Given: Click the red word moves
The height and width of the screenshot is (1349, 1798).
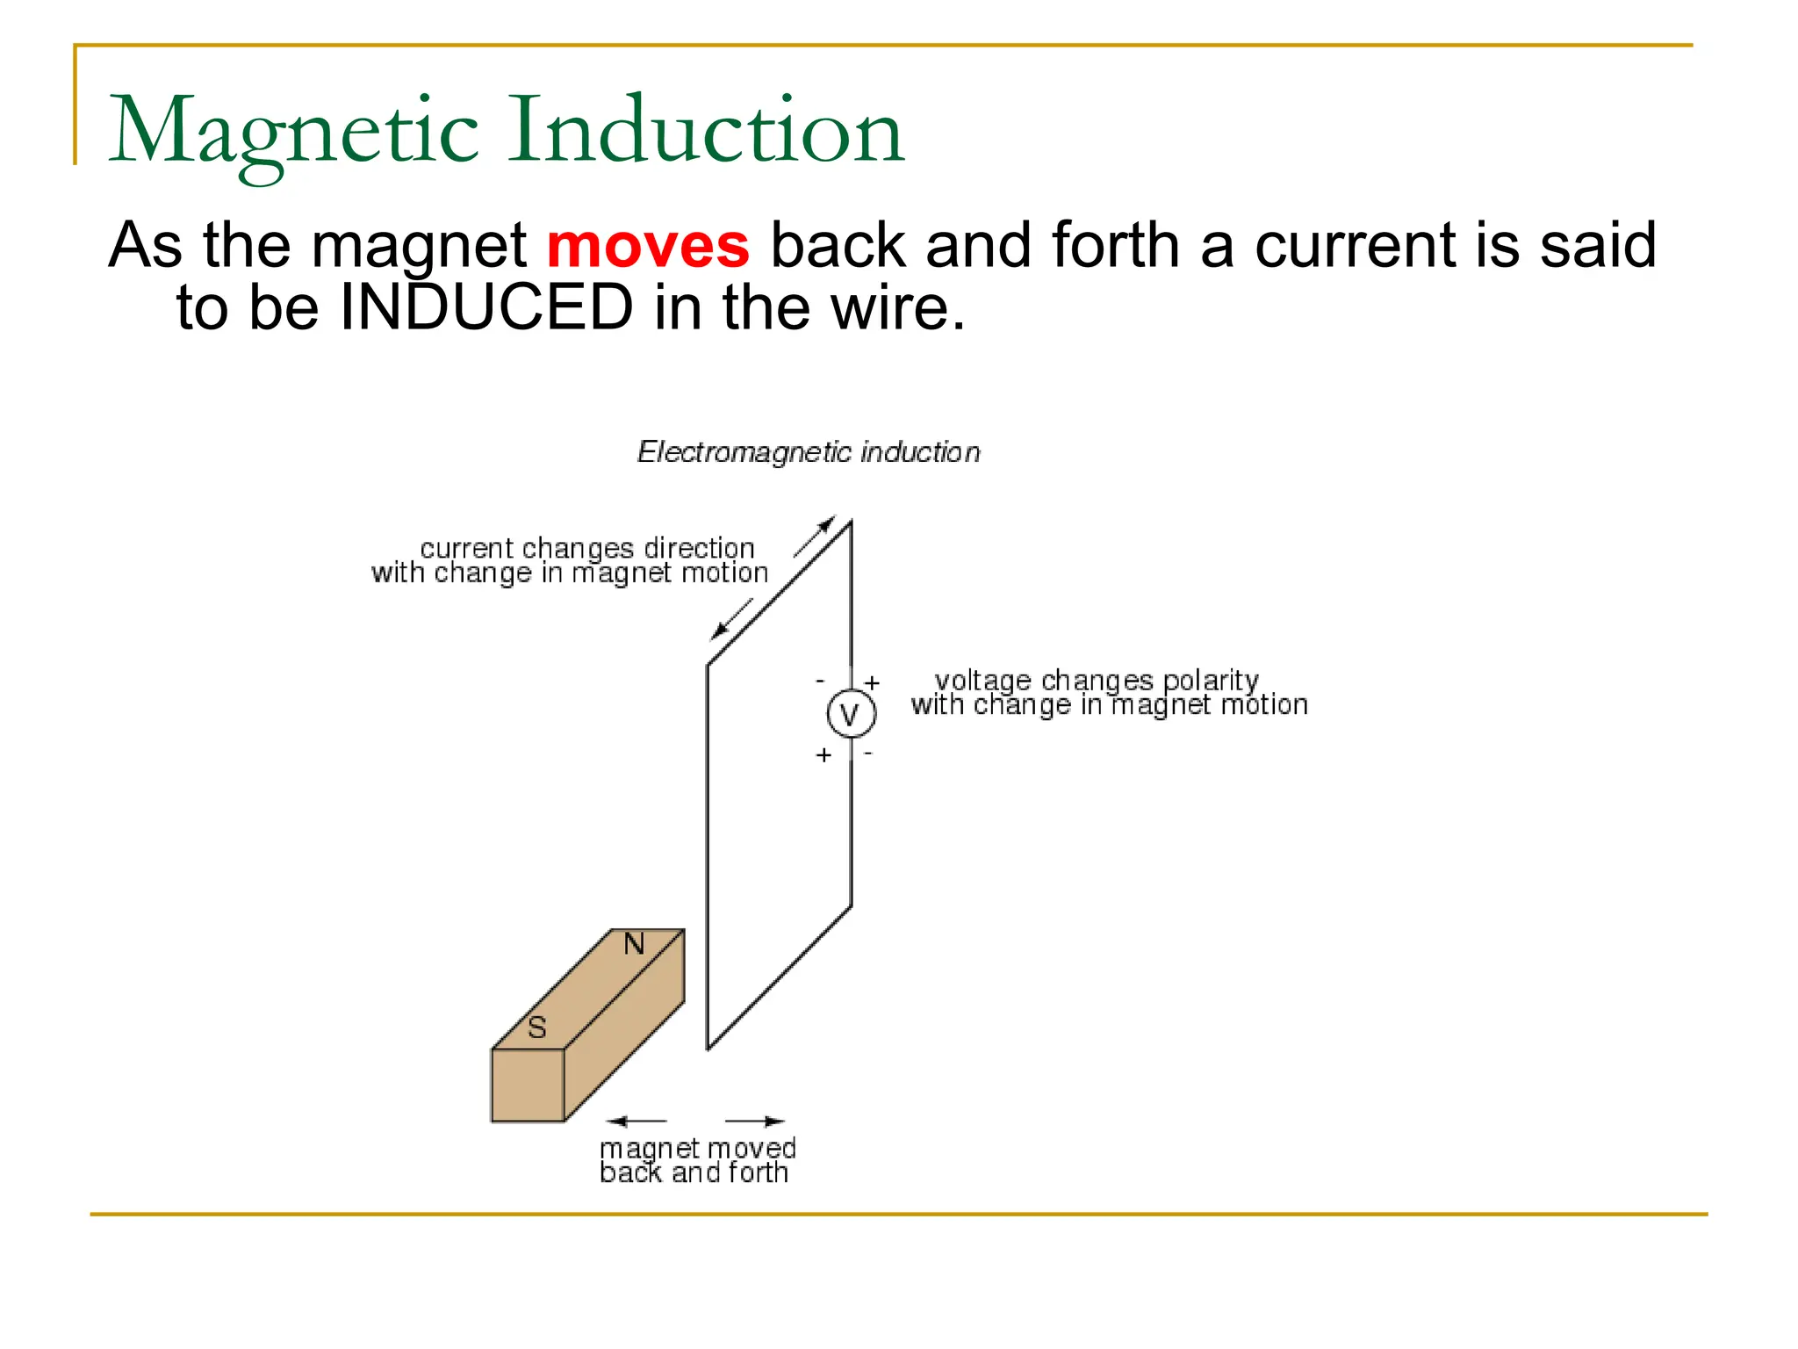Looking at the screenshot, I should point(648,247).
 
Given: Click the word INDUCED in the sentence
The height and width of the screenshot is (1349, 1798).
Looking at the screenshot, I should point(485,308).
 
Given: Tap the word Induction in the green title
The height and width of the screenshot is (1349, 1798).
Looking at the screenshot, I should point(706,132).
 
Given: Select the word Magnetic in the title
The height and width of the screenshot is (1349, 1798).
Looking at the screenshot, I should point(293,132).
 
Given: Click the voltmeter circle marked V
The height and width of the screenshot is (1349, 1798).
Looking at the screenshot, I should point(851,714).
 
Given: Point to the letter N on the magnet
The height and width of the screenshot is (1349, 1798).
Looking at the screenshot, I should point(634,945).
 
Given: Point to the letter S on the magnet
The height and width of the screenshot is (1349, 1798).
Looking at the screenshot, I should point(537,1027).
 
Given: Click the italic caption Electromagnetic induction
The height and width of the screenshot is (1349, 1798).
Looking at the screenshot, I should point(808,452).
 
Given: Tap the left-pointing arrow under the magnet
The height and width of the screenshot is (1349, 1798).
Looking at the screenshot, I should point(636,1121).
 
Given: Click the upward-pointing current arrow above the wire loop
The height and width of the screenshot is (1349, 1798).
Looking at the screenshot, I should point(814,537).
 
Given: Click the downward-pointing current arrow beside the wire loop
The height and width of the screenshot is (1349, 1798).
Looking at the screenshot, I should point(731,618).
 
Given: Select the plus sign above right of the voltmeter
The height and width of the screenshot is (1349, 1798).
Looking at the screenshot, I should point(872,682).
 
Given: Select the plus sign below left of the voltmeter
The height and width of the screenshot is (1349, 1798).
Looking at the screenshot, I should point(823,754).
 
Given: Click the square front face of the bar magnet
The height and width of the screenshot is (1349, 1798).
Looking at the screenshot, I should point(528,1086).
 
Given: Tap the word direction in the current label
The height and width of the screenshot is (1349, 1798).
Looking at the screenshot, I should point(699,549).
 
